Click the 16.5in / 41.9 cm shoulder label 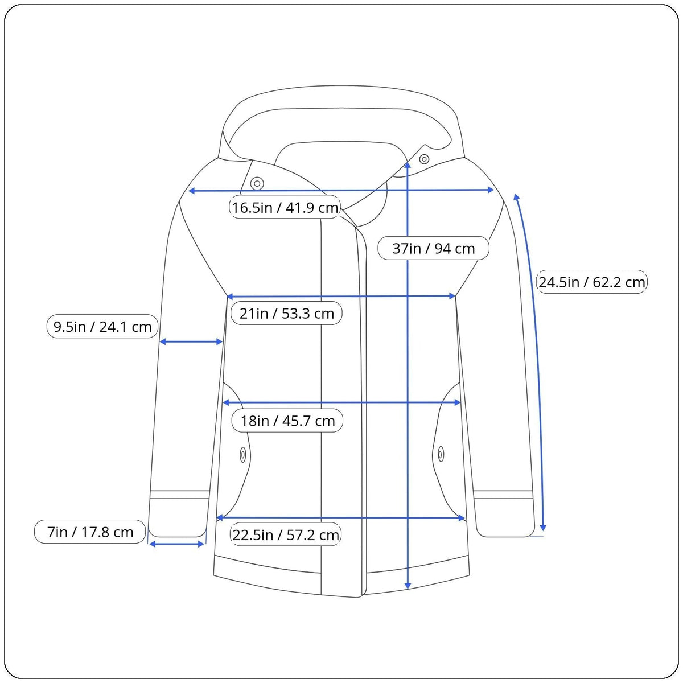pos(285,207)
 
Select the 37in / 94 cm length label pos(433,249)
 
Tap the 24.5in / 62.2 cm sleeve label pos(591,282)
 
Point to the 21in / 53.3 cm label pos(286,313)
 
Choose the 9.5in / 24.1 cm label pos(102,327)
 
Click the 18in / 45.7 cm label pos(287,421)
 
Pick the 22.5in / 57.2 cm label pos(286,535)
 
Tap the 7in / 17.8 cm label pos(90,532)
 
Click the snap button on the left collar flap pos(257,184)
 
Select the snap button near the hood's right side pos(424,159)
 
